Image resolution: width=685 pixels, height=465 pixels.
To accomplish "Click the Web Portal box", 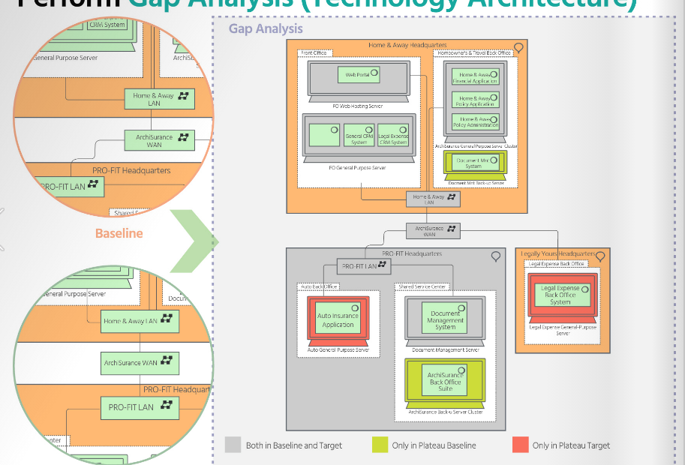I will coord(359,75).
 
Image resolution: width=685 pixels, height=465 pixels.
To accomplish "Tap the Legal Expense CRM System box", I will coord(392,136).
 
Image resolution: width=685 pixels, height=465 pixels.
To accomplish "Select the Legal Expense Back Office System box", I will coord(560,295).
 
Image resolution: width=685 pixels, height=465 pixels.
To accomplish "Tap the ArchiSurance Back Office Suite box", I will coord(445,382).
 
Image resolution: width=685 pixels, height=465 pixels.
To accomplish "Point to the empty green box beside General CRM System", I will coord(324,136).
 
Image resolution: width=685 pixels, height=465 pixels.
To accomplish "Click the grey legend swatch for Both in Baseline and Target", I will coord(233,445).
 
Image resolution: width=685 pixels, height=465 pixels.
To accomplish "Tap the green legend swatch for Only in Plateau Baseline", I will coord(380,445).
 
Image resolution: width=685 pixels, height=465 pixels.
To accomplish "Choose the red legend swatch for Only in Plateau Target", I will coord(520,445).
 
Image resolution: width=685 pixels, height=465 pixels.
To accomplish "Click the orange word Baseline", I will coord(119,233).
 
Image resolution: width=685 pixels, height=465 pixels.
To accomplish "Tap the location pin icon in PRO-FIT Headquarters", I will coord(495,256).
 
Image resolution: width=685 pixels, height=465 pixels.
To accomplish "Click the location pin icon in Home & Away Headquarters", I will coord(518,48).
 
